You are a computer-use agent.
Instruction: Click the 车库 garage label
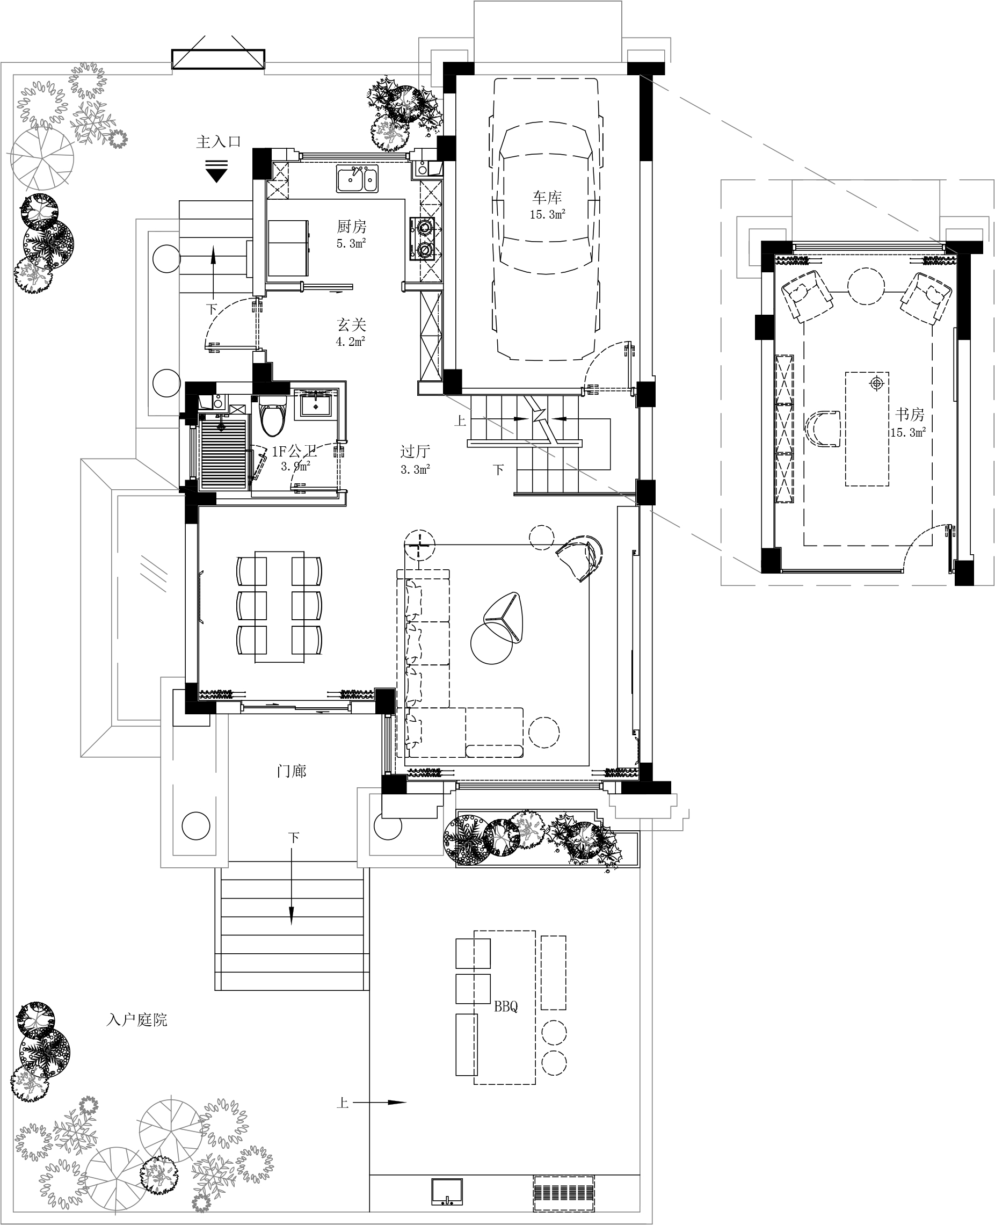pos(547,198)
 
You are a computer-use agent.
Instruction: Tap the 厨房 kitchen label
pos(351,227)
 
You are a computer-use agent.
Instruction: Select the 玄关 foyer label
pos(351,325)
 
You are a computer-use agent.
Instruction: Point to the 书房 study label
pos(910,415)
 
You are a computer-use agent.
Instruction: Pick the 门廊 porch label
pos(291,771)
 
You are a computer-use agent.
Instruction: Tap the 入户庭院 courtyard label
pos(137,1020)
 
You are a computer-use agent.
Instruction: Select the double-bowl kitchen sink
pos(358,179)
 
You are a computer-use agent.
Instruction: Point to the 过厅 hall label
pos(415,452)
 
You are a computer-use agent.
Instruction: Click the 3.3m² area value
pos(416,469)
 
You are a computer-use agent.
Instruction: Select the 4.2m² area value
pos(351,342)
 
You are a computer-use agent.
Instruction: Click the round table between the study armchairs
pos(866,287)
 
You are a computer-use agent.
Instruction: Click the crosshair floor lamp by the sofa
pos(419,545)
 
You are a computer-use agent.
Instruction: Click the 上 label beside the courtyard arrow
pos(342,1103)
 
